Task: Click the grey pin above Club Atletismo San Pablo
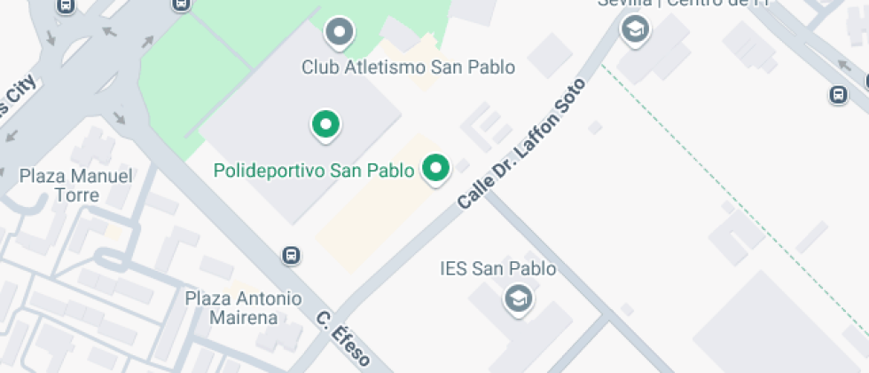(339, 34)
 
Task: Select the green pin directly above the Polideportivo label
(325, 124)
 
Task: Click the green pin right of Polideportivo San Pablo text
(435, 169)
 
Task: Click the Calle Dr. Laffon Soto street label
(522, 144)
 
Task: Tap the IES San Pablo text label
(498, 268)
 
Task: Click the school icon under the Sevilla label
(635, 30)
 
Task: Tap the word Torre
(76, 194)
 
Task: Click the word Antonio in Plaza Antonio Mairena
(268, 298)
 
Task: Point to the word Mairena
(244, 317)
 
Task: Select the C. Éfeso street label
(344, 337)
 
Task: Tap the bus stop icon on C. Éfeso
(291, 255)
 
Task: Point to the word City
(20, 95)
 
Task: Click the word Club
(319, 67)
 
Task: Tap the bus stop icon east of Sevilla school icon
(838, 93)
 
